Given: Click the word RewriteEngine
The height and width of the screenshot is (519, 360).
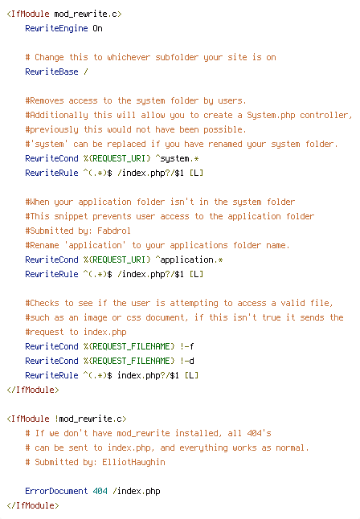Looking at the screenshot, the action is coord(56,28).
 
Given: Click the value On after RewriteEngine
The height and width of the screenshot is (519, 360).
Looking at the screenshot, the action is coord(97,28).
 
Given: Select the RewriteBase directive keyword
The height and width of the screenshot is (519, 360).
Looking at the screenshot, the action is coord(51,72).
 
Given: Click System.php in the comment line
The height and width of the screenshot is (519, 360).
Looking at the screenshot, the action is coord(271,115).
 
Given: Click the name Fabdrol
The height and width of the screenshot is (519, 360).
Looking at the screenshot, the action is coord(114,231).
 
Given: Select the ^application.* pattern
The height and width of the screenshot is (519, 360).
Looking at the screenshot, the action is coord(189,259).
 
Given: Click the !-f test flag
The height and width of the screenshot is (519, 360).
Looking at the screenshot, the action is coord(187,346).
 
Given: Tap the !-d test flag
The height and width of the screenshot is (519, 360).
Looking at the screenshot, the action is coord(187,361).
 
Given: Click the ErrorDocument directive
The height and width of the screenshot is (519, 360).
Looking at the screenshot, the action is coord(56,491).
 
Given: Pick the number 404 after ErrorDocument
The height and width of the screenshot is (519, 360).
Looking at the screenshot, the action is coord(100,491).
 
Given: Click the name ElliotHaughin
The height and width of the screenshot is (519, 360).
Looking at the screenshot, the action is coord(133,462).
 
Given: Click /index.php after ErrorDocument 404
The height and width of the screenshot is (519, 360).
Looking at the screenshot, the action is coord(136,491).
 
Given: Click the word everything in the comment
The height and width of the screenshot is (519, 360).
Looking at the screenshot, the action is coord(203,447).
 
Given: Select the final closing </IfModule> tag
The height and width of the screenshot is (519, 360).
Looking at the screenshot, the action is coord(33,505).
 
